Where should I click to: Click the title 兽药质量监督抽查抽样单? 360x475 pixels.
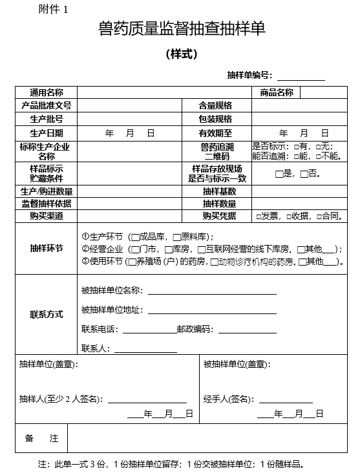(x=182, y=29)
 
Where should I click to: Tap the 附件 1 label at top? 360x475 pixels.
(x=52, y=9)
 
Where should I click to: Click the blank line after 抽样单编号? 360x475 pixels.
(x=301, y=76)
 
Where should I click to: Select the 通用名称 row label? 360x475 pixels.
(x=47, y=92)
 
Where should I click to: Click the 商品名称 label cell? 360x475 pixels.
(x=277, y=92)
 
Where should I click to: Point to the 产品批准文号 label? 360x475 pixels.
(x=47, y=105)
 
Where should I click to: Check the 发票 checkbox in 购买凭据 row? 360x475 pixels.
(x=259, y=216)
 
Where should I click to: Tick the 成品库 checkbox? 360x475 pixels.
(x=135, y=237)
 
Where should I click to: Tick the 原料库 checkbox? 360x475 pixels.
(x=176, y=237)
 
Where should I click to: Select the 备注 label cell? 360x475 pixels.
(x=41, y=438)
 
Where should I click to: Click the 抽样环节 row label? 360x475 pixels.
(x=47, y=248)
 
